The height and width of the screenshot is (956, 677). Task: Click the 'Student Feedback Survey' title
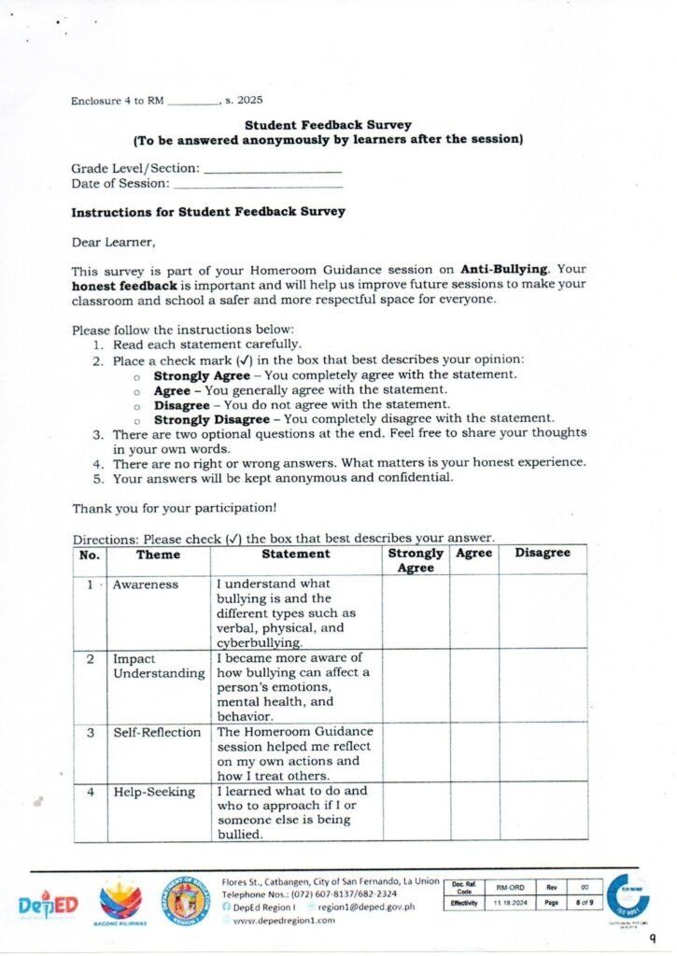(328, 124)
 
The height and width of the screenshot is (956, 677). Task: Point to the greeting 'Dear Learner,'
(114, 242)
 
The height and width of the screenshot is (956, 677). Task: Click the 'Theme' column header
(158, 554)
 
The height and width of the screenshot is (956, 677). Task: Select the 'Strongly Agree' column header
(416, 560)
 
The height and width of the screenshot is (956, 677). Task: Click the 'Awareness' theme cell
(146, 584)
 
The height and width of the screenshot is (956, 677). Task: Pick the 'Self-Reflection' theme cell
(157, 733)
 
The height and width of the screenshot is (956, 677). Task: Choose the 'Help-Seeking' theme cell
(154, 793)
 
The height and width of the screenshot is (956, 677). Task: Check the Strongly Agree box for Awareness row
(416, 612)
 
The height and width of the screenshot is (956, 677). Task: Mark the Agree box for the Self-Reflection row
(475, 752)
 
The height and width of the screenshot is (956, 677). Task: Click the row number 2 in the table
(90, 659)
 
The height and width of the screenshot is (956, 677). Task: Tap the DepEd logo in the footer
(48, 906)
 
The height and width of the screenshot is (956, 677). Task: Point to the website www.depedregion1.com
(283, 921)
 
